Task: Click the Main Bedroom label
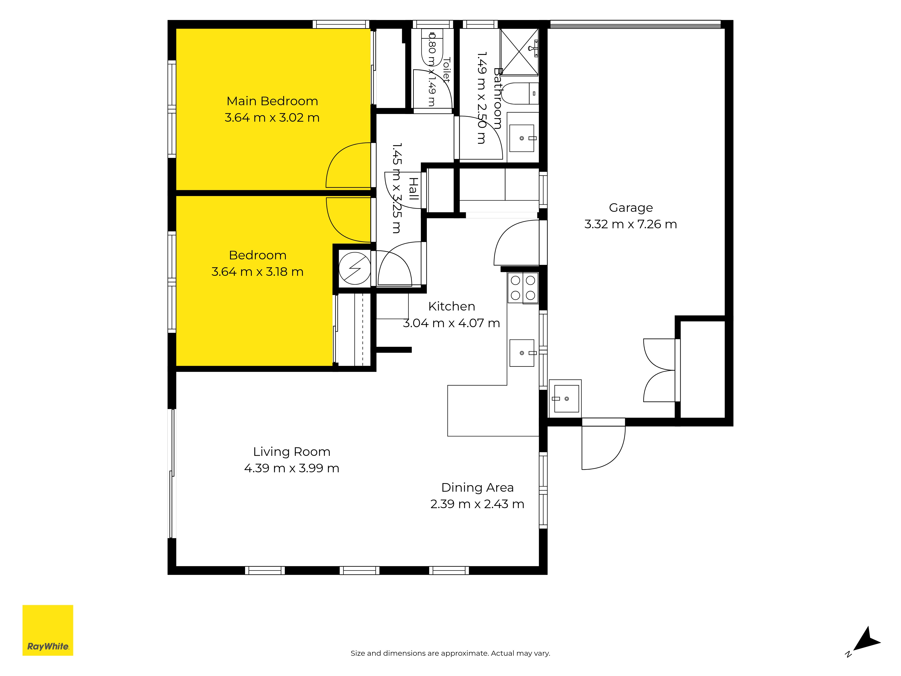(272, 101)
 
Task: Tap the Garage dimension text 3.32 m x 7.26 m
(630, 224)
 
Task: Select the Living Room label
(292, 452)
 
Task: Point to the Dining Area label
(477, 488)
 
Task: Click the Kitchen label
(452, 306)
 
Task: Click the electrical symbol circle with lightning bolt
(355, 268)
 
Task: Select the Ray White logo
(48, 630)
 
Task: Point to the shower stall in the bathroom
(519, 52)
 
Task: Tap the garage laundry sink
(565, 399)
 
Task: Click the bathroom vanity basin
(522, 138)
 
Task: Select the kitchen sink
(522, 353)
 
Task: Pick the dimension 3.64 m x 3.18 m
(257, 272)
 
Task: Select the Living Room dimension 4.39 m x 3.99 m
(292, 468)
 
